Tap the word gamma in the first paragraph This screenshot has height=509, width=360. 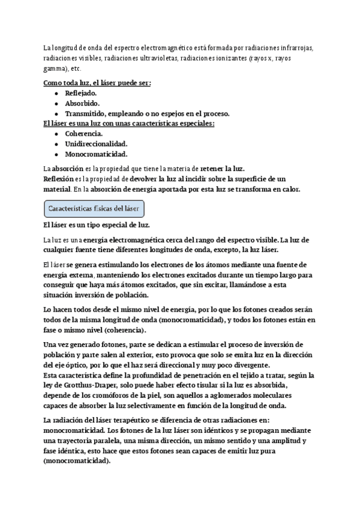tap(53, 69)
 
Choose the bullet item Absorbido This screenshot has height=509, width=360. tap(82, 103)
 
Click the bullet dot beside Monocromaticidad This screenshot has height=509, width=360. tap(56, 154)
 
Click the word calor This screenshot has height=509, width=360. tap(287, 189)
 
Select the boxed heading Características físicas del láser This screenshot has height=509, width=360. tap(94, 209)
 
